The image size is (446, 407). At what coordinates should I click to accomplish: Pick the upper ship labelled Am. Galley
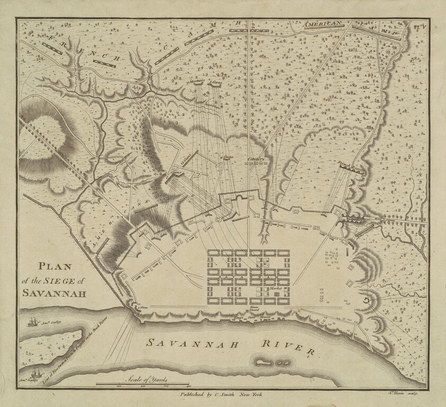point(33,321)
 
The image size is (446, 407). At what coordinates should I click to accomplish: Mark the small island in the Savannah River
point(268,363)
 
